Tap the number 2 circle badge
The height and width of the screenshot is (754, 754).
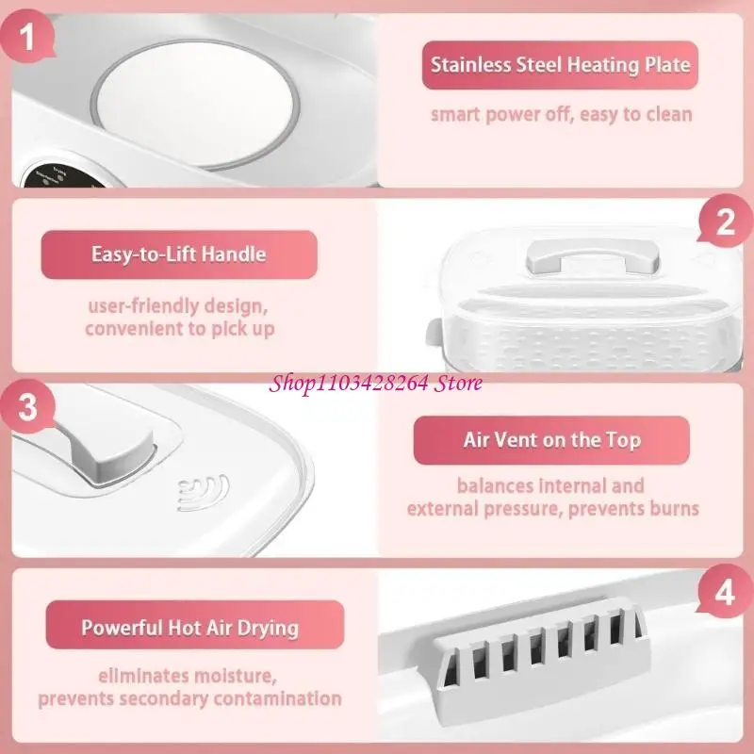click(x=725, y=223)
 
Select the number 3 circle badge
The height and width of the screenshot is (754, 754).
click(x=28, y=408)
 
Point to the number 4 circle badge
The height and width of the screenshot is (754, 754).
click(x=725, y=594)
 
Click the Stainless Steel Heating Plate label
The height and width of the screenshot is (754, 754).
click(x=560, y=65)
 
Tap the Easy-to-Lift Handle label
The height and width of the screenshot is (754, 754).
click(x=178, y=254)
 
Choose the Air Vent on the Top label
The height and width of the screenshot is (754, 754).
click(x=551, y=440)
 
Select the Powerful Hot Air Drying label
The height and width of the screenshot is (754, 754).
click(x=189, y=627)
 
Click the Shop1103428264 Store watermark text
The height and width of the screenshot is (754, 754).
click(x=377, y=383)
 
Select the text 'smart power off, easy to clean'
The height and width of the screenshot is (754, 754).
click(x=561, y=115)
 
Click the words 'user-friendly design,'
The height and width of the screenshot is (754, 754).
click(x=179, y=306)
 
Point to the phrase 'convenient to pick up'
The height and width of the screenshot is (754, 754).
click(x=179, y=329)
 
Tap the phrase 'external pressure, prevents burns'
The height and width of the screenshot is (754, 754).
click(x=552, y=509)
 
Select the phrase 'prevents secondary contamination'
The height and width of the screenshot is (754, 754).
click(x=189, y=698)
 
